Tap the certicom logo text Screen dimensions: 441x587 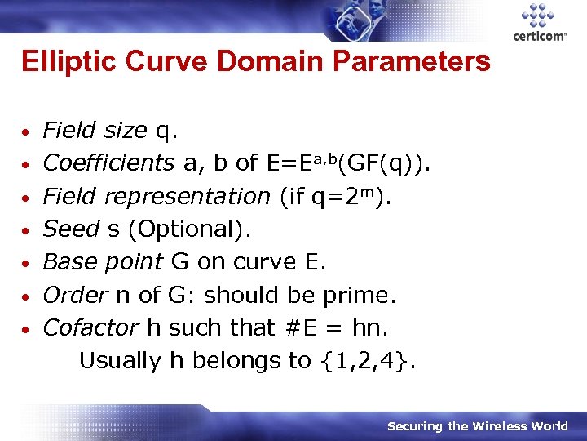point(541,37)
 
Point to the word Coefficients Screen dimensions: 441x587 point(108,163)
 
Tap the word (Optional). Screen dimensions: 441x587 point(188,229)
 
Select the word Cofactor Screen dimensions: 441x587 point(90,327)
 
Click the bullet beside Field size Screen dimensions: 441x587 point(28,131)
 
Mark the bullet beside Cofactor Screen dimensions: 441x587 point(28,328)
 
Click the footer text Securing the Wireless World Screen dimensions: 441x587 point(477,425)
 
